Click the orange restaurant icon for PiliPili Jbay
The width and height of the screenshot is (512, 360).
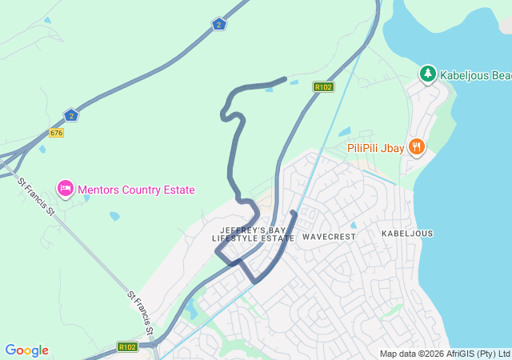pos(416,146)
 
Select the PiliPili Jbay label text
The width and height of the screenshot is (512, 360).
pos(376,147)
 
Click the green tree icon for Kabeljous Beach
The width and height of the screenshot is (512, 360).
pos(428,74)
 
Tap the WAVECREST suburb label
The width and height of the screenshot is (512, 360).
pos(329,237)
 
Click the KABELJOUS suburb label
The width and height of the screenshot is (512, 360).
pos(407,234)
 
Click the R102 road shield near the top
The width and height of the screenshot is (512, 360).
pos(323,86)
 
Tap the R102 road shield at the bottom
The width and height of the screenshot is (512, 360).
pos(127,347)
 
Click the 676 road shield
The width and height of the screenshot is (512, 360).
pos(56,132)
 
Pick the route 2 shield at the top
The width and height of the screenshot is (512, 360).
pos(219,24)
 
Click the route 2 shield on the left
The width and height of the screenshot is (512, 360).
pos(71,115)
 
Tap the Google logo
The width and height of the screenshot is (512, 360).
pos(26,350)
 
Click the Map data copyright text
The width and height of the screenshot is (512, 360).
pos(444,354)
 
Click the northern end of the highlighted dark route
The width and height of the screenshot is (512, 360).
pos(285,78)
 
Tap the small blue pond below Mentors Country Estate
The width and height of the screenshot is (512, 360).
pos(114,216)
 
